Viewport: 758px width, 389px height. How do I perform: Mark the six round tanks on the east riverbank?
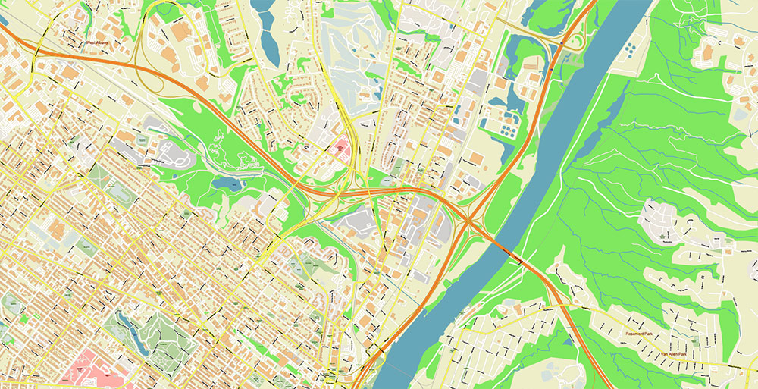(631, 51)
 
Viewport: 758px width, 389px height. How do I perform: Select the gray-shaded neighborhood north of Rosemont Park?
(661, 220)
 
